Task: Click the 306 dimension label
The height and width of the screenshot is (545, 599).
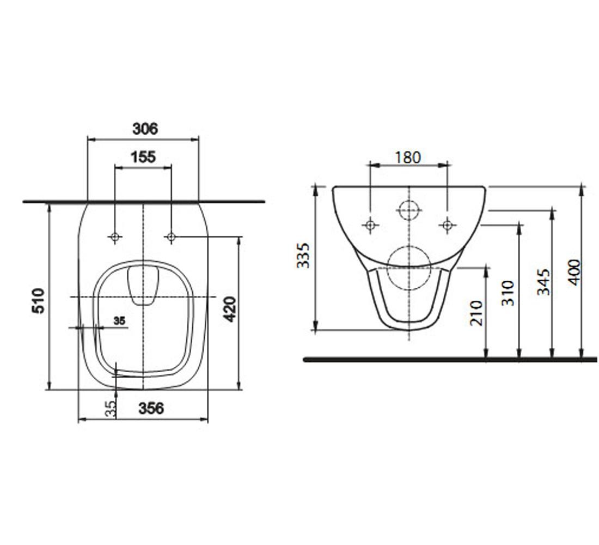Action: [145, 129]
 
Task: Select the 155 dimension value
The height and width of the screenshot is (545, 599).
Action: [143, 157]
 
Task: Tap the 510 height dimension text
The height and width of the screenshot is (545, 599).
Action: [39, 301]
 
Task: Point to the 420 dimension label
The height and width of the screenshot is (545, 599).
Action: [230, 309]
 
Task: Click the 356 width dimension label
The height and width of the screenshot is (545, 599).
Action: [151, 408]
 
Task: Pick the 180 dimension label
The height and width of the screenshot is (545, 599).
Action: [408, 157]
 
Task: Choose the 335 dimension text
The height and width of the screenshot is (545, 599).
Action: [303, 255]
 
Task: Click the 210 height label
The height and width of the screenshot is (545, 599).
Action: [476, 313]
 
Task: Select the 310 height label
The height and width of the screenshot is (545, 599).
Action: [508, 293]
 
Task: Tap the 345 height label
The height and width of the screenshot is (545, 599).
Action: [543, 282]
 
